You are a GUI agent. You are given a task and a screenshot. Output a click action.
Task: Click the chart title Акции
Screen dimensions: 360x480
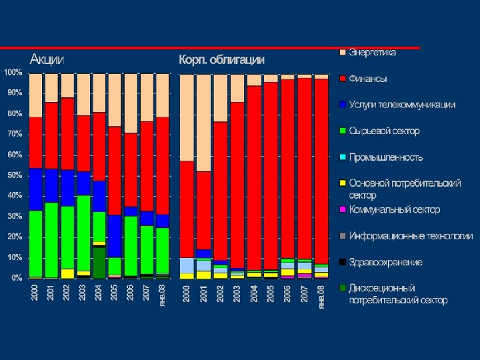click(47, 59)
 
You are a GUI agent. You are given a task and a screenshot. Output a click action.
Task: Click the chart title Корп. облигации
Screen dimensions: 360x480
click(221, 59)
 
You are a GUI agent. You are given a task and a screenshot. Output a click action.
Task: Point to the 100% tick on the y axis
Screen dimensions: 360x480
click(13, 71)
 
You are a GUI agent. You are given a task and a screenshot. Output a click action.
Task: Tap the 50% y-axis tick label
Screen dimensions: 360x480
click(15, 175)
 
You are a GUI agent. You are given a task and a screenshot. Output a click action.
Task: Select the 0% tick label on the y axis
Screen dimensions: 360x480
click(17, 278)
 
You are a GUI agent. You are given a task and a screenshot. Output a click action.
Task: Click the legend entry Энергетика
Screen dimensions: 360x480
click(372, 52)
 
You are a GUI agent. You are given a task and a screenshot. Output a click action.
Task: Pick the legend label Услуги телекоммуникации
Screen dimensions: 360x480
click(402, 105)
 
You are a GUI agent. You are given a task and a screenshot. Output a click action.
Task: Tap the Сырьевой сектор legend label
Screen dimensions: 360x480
click(384, 131)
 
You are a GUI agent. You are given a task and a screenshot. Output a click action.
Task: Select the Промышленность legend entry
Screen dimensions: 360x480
click(385, 157)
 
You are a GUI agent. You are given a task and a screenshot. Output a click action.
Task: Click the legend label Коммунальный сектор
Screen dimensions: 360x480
click(394, 209)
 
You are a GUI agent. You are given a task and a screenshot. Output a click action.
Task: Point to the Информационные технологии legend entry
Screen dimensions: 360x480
click(411, 236)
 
